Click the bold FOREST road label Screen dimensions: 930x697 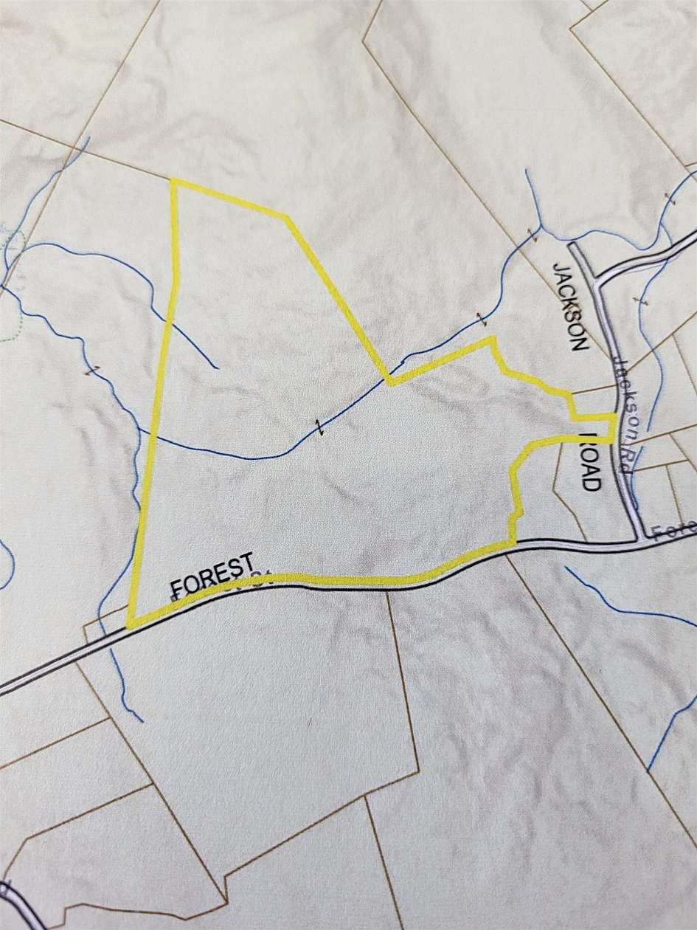[212, 565]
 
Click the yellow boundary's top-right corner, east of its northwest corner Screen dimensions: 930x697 [285, 217]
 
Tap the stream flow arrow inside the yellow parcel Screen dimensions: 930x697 [319, 427]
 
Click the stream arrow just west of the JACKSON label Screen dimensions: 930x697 [532, 234]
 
